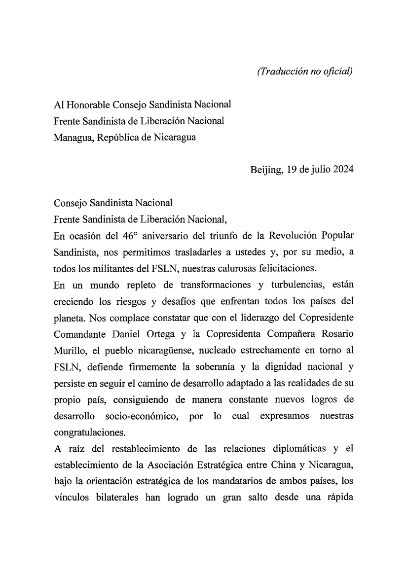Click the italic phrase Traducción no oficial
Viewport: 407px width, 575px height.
click(305, 72)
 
